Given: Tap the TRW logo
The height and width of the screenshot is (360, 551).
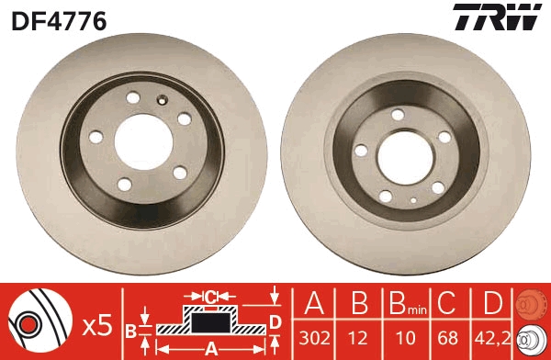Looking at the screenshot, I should pyautogui.click(x=494, y=18).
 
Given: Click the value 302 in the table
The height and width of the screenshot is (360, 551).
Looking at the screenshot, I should pyautogui.click(x=313, y=338).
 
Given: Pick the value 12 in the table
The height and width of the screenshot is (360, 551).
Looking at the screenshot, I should pyautogui.click(x=359, y=338).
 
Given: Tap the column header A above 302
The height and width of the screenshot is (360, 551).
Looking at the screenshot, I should pyautogui.click(x=313, y=303).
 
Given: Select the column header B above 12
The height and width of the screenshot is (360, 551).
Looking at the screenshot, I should pyautogui.click(x=359, y=303).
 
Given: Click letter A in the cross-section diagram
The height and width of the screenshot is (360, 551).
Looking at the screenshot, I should pyautogui.click(x=210, y=348).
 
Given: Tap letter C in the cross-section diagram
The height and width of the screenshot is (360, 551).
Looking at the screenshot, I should pyautogui.click(x=210, y=296).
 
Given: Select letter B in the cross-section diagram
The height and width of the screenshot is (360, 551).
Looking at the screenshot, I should pyautogui.click(x=130, y=329).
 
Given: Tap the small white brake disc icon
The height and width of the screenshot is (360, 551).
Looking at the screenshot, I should pyautogui.click(x=531, y=338).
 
